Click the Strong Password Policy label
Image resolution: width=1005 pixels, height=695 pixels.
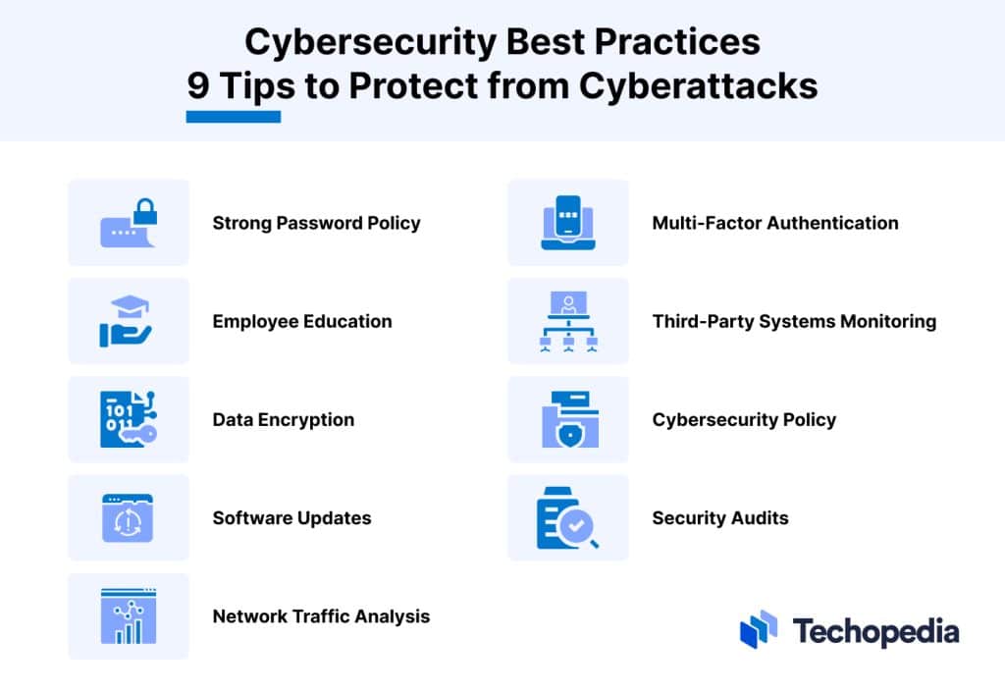click(316, 223)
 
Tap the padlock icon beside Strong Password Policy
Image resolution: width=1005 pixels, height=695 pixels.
click(129, 223)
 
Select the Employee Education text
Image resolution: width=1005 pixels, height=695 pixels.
click(302, 321)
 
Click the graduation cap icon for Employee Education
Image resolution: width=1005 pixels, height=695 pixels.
click(129, 321)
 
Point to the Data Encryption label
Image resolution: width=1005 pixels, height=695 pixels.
click(284, 419)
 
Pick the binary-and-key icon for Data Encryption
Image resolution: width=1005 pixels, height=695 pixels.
click(129, 419)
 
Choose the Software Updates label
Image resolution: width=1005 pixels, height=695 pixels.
click(291, 517)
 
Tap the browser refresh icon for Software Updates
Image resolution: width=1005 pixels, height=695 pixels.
click(129, 518)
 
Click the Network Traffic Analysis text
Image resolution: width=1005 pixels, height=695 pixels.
click(321, 616)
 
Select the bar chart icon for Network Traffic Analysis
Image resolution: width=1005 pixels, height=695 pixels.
click(129, 616)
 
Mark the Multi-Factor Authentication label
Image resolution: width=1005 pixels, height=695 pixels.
click(775, 223)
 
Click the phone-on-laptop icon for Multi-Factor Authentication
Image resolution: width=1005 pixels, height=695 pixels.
click(568, 223)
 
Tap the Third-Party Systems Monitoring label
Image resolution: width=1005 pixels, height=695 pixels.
click(794, 321)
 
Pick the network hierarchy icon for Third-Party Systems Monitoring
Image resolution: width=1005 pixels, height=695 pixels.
click(568, 321)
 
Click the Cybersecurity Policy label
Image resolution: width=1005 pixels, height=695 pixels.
click(744, 419)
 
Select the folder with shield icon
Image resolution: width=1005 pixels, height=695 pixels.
click(568, 419)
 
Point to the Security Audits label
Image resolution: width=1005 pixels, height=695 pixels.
click(720, 517)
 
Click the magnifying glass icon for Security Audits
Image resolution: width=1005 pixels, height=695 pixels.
click(568, 518)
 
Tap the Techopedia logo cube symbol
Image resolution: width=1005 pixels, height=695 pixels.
click(759, 629)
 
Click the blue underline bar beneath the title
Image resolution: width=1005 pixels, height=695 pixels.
click(234, 117)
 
